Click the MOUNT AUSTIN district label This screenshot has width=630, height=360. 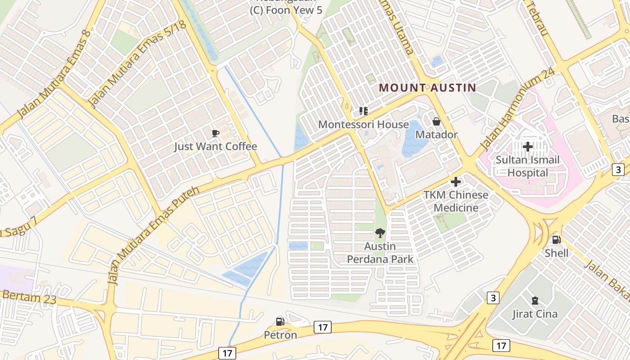427,88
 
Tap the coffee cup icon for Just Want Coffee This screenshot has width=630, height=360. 216,133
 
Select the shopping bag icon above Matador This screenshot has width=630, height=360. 436,121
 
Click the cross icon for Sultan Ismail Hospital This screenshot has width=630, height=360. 528,147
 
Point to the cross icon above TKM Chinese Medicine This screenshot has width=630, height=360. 456,182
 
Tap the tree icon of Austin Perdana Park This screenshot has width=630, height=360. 380,233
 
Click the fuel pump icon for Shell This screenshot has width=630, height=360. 556,240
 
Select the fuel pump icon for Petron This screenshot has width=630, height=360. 280,322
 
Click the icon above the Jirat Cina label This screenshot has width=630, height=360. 535,301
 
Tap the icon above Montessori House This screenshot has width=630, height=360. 363,111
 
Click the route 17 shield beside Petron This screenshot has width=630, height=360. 323,327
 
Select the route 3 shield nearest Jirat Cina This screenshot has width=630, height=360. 494,298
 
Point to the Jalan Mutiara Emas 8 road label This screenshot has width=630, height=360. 54,74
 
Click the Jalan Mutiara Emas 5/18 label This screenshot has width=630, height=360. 137,64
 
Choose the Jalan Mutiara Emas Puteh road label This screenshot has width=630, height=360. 153,235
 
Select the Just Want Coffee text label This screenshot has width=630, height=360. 216,147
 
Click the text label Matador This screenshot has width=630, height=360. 436,135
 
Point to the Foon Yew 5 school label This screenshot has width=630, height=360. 286,10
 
